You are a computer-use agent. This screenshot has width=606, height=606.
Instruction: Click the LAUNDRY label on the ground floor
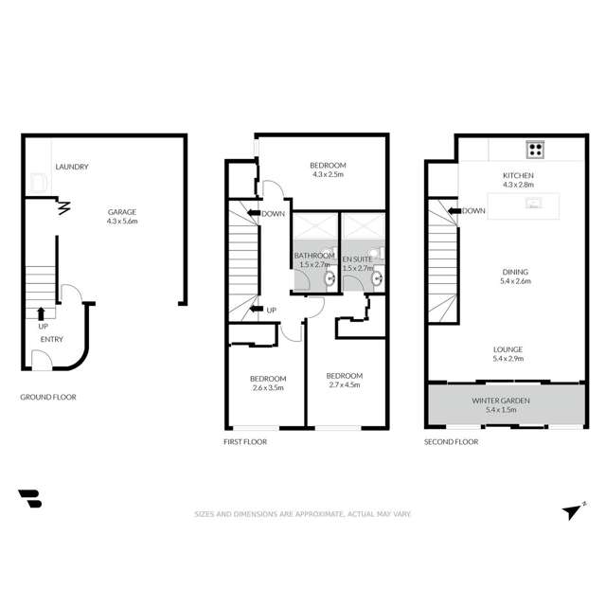point(72,168)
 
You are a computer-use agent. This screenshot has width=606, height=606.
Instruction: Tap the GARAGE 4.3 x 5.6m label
point(122,217)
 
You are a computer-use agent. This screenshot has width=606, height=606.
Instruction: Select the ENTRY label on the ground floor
point(52,338)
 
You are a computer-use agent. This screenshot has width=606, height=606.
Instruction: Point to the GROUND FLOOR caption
point(48,398)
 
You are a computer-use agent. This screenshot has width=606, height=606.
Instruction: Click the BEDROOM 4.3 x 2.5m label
point(329,169)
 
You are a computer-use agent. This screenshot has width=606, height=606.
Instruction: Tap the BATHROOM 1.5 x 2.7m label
point(314,260)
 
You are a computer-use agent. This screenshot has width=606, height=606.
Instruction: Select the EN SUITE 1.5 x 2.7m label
point(358,260)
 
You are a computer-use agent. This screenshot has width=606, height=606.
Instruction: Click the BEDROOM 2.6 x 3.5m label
point(268,383)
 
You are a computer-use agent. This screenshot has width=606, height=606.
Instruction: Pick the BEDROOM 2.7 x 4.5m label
point(345,383)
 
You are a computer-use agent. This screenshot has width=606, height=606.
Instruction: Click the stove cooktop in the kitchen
point(534,149)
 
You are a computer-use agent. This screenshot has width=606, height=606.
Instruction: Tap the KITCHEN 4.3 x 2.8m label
point(518,181)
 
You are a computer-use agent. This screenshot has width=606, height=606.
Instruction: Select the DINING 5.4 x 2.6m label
point(516,276)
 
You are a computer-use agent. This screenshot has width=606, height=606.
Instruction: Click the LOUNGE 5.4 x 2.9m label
point(508,354)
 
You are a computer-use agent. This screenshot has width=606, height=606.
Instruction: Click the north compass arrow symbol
point(571,510)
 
